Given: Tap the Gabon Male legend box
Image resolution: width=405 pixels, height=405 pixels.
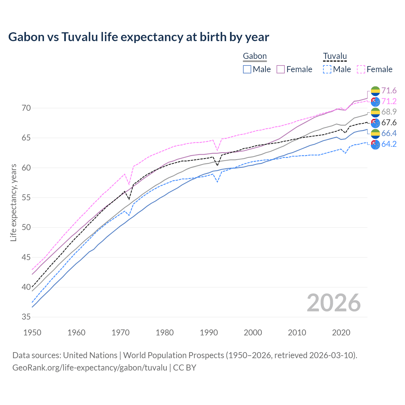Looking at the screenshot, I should [247, 69].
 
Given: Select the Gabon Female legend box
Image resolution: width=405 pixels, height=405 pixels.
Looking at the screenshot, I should [281, 69].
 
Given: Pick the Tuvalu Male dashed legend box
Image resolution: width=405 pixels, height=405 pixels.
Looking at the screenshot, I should [327, 69].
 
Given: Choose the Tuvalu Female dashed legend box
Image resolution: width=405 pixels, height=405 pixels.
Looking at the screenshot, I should [361, 69].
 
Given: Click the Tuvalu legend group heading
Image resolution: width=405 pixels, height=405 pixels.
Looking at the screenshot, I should [335, 56].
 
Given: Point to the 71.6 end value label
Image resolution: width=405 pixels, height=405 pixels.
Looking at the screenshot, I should [389, 91].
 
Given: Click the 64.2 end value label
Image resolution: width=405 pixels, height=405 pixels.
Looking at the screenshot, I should [389, 144].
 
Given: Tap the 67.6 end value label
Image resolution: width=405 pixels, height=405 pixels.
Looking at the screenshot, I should [389, 122].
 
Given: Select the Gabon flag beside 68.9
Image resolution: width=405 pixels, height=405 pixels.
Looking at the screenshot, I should [375, 112].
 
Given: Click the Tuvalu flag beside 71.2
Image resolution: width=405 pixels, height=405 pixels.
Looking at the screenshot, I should [375, 102].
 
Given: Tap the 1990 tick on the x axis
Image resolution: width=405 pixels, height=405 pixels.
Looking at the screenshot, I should [209, 333].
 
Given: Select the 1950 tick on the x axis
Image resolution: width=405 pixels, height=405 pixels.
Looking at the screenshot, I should [32, 333].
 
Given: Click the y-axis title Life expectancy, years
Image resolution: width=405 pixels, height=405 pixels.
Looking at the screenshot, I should [14, 203].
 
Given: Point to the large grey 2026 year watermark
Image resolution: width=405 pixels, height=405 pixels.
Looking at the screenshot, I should [333, 303].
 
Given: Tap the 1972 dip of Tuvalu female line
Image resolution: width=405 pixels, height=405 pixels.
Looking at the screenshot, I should [129, 184].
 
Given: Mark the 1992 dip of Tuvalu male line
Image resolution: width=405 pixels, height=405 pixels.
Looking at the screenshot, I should [217, 182].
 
